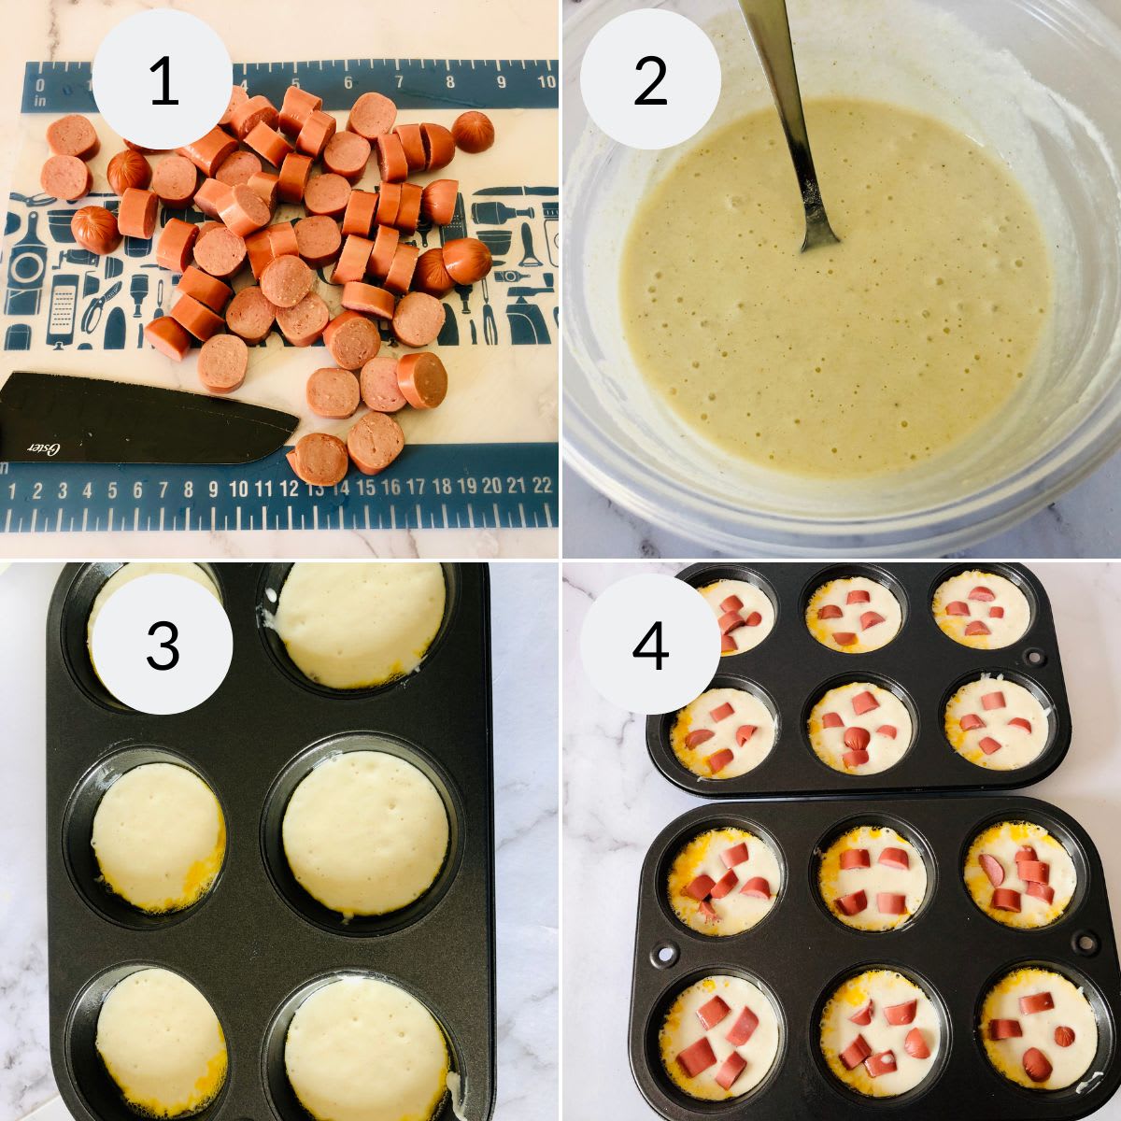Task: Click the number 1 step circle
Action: pos(163,80)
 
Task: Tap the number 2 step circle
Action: pos(650,80)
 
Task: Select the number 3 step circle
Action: pos(163,645)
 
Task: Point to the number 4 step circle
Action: pos(650,645)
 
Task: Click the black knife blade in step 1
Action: pos(140,416)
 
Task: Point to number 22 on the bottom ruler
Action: pos(542,486)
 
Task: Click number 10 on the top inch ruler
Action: pos(546,82)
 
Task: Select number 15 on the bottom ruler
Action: pos(365,486)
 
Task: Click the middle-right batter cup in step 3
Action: pos(365,831)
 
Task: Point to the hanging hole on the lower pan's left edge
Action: pos(664,955)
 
